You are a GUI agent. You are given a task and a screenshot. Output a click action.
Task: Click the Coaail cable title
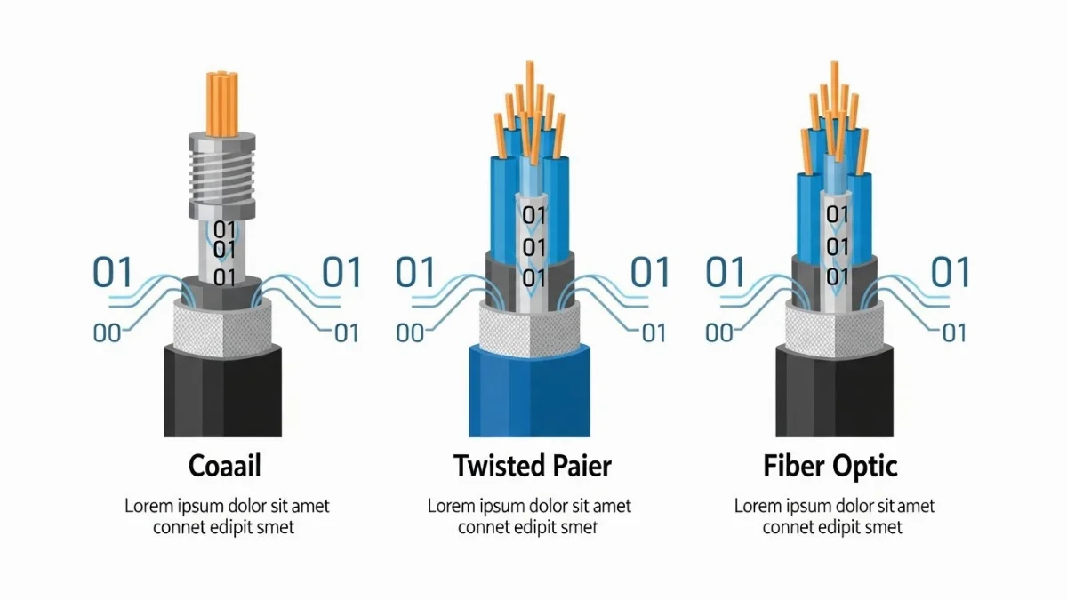tap(224, 465)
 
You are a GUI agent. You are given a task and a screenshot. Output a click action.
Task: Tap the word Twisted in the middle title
tap(494, 465)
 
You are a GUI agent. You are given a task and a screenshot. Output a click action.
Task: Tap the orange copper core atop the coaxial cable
tap(222, 98)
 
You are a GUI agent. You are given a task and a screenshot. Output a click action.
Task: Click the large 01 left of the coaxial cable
tap(113, 272)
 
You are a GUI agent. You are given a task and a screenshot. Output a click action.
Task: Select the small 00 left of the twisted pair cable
tap(410, 333)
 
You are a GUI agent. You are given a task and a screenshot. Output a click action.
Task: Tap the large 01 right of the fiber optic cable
tap(950, 272)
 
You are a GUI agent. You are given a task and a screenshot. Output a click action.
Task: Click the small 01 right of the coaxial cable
tap(345, 333)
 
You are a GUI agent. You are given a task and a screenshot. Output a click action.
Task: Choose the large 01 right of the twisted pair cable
tap(650, 272)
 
